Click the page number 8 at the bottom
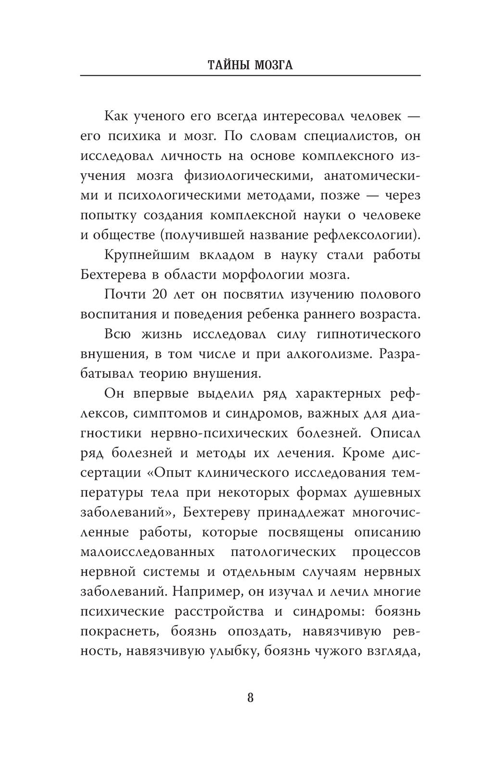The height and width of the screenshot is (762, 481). pos(250,697)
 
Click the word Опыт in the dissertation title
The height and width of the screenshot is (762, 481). pos(173,473)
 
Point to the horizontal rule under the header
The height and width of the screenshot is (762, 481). pos(250,76)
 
